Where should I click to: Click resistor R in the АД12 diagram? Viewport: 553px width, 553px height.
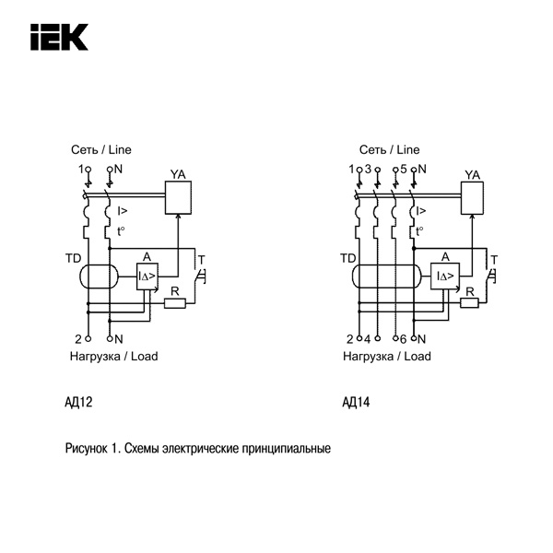point(175,302)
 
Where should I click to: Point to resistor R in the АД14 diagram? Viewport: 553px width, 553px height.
point(470,302)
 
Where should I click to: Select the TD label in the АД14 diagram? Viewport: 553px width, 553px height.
point(347,258)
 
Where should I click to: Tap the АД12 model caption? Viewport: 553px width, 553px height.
point(78,402)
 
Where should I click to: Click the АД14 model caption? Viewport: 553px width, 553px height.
point(355,402)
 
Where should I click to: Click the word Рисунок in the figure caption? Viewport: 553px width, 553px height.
point(87,450)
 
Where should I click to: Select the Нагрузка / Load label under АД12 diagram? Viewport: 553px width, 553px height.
point(113,356)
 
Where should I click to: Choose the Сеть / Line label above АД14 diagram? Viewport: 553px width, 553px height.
point(389,149)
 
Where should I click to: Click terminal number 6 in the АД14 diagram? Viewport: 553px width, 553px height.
point(404,338)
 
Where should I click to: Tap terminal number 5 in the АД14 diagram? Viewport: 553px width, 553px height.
point(404,169)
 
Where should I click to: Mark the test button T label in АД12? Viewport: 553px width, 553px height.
point(202,257)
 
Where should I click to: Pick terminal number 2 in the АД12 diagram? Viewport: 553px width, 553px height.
point(78,338)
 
